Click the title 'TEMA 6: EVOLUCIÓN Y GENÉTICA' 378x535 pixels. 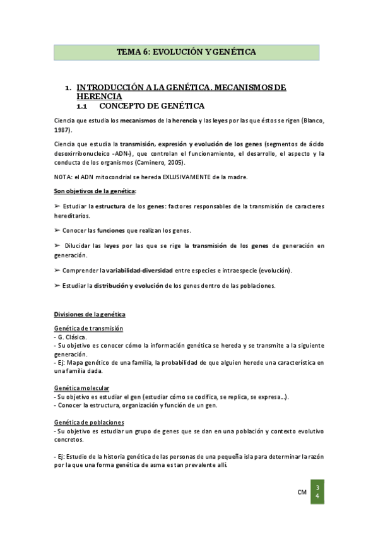click(186, 52)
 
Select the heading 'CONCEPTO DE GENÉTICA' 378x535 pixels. click(151, 106)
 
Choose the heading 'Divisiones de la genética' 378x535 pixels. click(90, 314)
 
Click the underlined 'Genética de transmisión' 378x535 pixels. click(89, 329)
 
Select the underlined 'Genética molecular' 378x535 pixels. click(82, 387)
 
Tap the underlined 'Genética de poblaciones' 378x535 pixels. click(90, 422)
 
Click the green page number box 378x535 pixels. click(317, 493)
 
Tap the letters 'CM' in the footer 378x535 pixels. click(302, 492)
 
